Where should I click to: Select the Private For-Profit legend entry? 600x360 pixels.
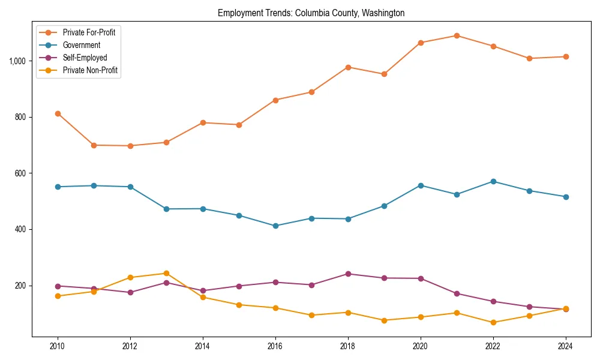pyautogui.click(x=89, y=32)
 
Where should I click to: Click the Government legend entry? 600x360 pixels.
pyautogui.click(x=81, y=45)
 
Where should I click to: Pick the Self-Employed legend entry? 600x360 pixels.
pyautogui.click(x=85, y=58)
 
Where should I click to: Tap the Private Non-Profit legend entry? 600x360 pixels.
pyautogui.click(x=90, y=70)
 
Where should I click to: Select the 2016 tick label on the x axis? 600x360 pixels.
pyautogui.click(x=275, y=346)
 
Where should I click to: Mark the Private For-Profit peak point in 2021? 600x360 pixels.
pyautogui.click(x=457, y=35)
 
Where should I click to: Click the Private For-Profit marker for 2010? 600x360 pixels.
pyautogui.click(x=58, y=113)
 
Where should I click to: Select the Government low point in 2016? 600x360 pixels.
pyautogui.click(x=275, y=226)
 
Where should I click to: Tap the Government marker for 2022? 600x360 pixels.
pyautogui.click(x=493, y=181)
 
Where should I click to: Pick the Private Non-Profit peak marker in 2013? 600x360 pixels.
pyautogui.click(x=166, y=273)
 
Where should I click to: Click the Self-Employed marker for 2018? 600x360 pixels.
pyautogui.click(x=348, y=274)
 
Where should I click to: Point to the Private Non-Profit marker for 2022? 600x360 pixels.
pyautogui.click(x=493, y=322)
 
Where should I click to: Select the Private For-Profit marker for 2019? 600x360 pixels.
pyautogui.click(x=384, y=74)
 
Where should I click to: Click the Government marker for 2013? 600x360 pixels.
pyautogui.click(x=166, y=209)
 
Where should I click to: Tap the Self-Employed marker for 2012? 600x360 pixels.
pyautogui.click(x=130, y=292)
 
